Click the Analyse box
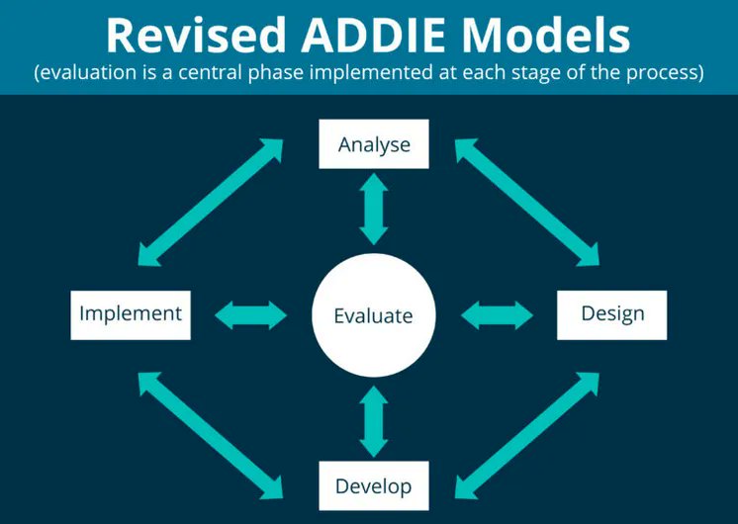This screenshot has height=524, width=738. [374, 144]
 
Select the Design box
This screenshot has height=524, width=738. [612, 314]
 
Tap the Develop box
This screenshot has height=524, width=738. [373, 485]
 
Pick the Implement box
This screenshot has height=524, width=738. [131, 314]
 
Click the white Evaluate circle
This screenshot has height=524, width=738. [373, 316]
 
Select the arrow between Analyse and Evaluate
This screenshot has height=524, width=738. [374, 208]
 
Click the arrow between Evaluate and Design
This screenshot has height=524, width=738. [497, 315]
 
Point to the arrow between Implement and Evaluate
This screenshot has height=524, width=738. [251, 315]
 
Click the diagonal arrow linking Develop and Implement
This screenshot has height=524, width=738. [211, 432]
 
